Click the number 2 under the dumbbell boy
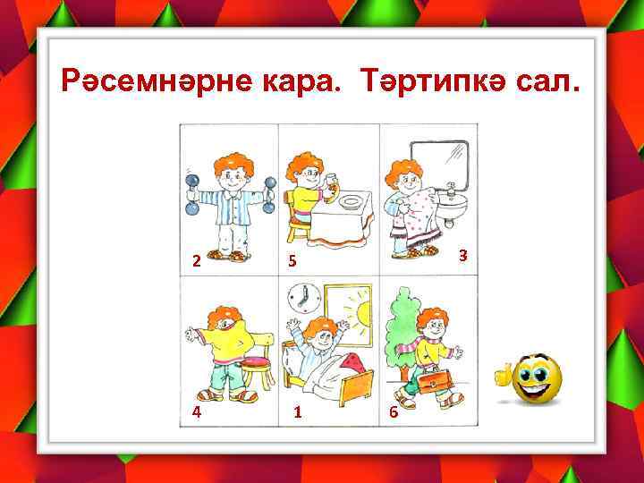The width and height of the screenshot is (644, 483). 196,261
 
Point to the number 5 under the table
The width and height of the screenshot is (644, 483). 291,261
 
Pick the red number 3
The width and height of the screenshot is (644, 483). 462,256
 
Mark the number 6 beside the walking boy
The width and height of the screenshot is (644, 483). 392,413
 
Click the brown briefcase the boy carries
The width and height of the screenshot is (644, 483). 426,381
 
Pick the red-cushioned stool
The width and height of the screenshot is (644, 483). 257,367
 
